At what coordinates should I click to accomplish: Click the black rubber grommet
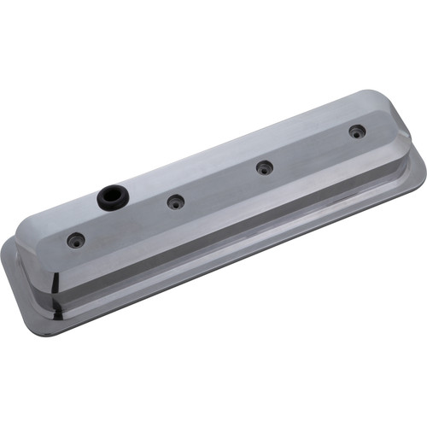pos(110,197)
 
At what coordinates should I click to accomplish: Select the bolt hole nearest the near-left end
pos(76,241)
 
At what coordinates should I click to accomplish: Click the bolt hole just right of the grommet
pos(175,202)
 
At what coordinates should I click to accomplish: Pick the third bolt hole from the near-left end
pos(266,167)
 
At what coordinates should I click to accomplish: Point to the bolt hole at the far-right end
pos(357,132)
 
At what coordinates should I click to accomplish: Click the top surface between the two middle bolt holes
pos(220,184)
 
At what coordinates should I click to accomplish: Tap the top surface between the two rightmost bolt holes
pos(312,149)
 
